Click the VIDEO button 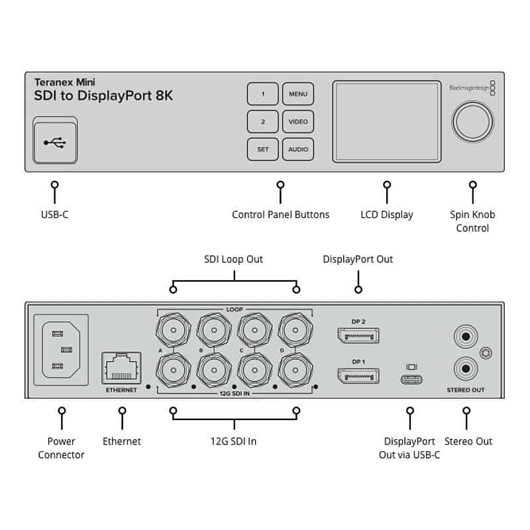[x=298, y=122]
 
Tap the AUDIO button [x=298, y=150]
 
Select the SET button [x=263, y=150]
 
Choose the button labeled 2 [x=263, y=122]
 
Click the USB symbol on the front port [x=54, y=142]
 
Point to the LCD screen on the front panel [x=386, y=121]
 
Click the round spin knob [x=472, y=121]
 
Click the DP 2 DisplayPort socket [x=358, y=335]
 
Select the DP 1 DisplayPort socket [x=358, y=376]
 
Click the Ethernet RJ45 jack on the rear [x=121, y=368]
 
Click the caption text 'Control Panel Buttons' [x=280, y=215]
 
